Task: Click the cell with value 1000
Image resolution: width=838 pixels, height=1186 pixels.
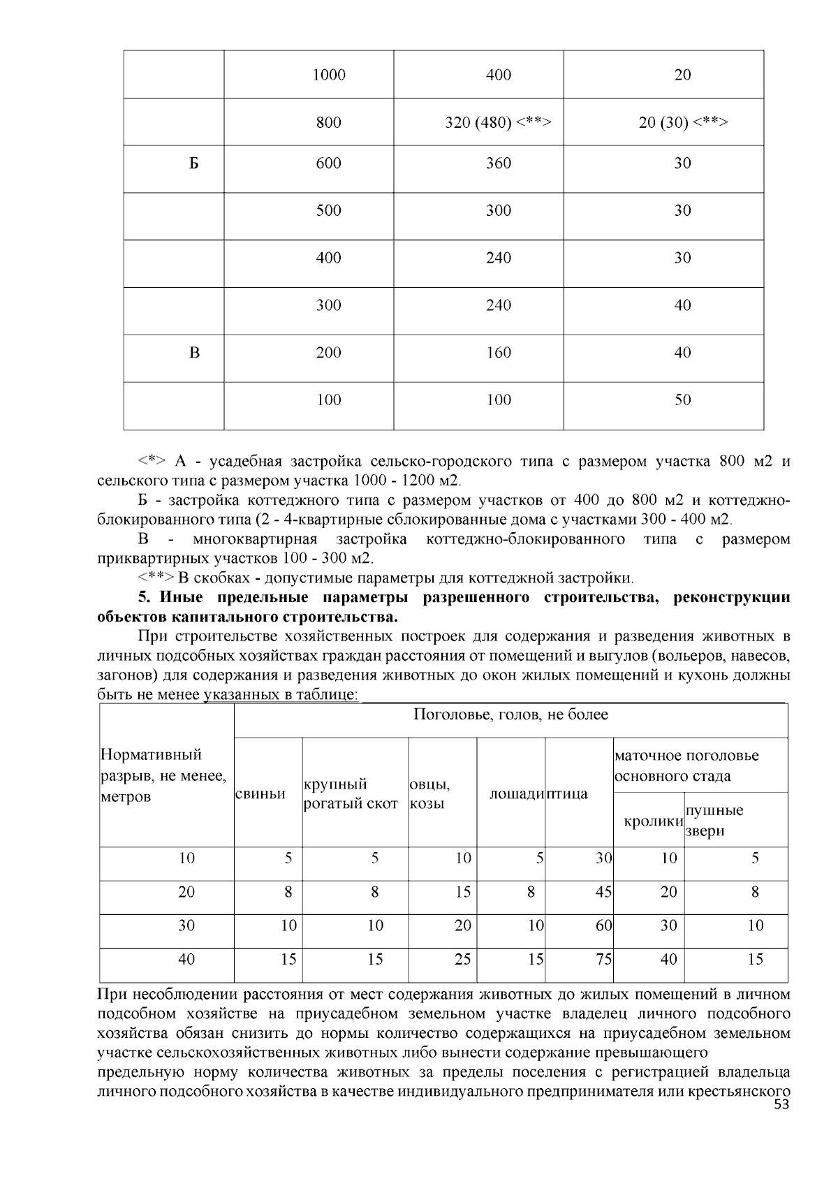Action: [329, 75]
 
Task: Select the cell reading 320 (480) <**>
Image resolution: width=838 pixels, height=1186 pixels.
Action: [499, 122]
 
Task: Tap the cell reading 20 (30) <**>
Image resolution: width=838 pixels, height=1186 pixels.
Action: [683, 122]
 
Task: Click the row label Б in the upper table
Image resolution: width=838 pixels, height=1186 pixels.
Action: [194, 163]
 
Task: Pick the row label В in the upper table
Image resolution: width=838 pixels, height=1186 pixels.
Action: [194, 353]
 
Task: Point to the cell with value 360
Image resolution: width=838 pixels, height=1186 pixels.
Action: [499, 163]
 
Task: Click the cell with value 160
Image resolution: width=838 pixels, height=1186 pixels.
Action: [499, 353]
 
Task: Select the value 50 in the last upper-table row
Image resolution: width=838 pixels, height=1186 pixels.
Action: [683, 400]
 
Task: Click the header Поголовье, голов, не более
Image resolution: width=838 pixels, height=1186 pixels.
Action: [510, 715]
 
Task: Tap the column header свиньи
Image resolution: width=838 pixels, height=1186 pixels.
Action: [260, 793]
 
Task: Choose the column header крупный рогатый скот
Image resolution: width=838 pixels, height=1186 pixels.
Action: [351, 793]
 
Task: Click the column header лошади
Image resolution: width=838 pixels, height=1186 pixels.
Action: [516, 793]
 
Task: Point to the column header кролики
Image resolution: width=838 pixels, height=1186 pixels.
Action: [653, 821]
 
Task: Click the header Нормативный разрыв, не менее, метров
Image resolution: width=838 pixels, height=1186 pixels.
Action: [163, 775]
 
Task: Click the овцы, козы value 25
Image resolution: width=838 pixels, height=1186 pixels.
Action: [462, 959]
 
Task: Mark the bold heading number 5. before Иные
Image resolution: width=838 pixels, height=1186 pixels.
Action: [144, 598]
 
